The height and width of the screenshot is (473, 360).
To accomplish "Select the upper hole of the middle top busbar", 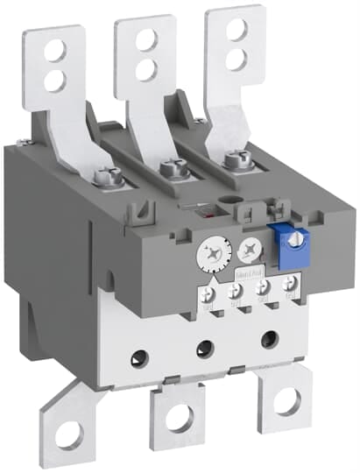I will point(145,39).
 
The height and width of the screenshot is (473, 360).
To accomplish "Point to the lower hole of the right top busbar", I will point(235,59).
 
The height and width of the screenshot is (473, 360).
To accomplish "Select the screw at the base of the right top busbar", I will point(232,160).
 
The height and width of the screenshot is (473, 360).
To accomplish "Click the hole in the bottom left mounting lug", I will point(69,431).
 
